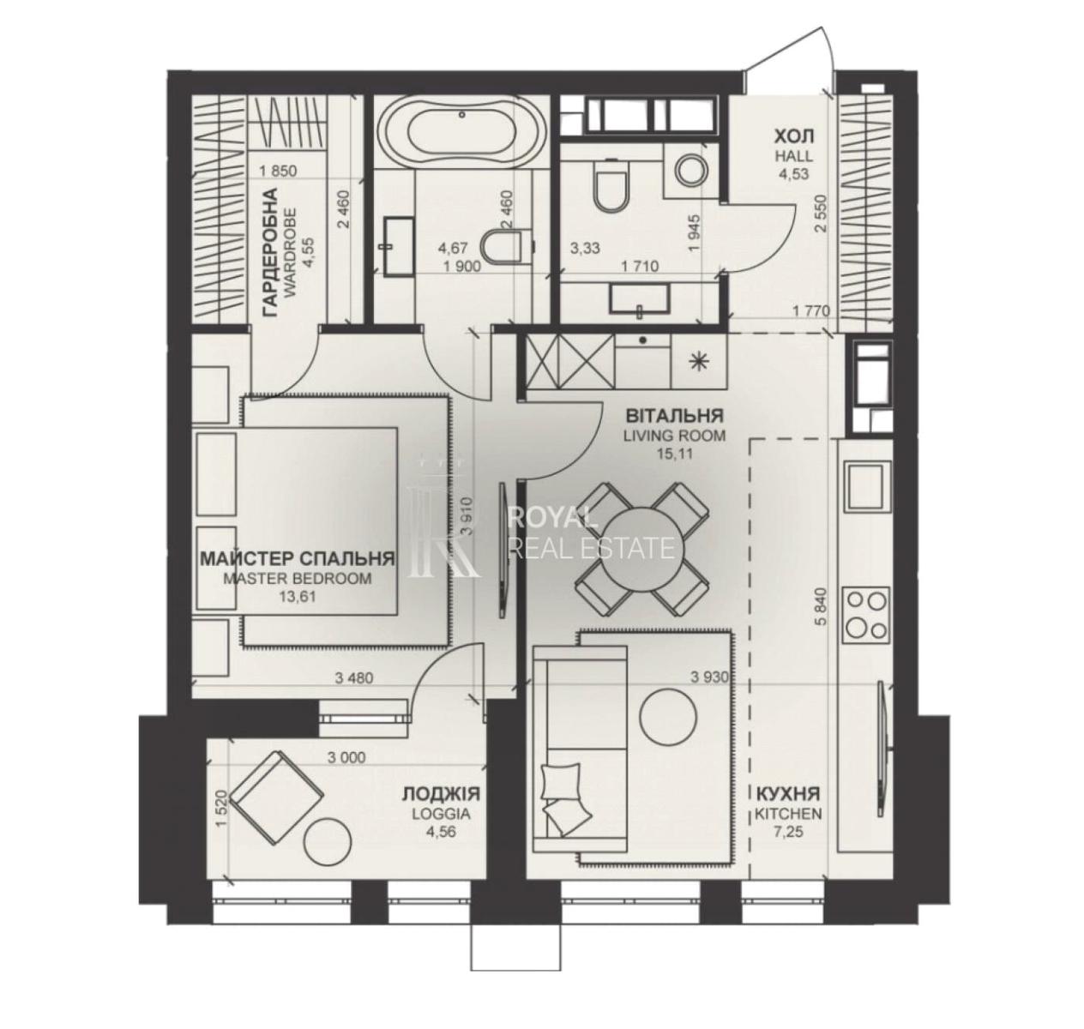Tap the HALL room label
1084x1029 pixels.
pyautogui.click(x=793, y=156)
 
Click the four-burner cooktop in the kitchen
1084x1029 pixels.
pyautogui.click(x=865, y=614)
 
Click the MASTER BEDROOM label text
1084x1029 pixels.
pyautogui.click(x=297, y=579)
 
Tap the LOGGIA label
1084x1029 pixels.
pyautogui.click(x=441, y=814)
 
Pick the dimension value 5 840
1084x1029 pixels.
pyautogui.click(x=822, y=606)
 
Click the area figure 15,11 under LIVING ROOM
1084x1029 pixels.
pyautogui.click(x=674, y=454)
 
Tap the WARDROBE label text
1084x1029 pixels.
pyautogui.click(x=291, y=253)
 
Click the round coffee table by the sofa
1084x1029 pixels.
pyautogui.click(x=668, y=717)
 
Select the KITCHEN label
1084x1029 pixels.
pyautogui.click(x=788, y=814)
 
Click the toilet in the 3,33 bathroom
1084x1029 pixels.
pyautogui.click(x=611, y=185)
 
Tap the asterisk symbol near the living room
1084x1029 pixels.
pyautogui.click(x=698, y=361)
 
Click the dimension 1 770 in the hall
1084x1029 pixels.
pyautogui.click(x=811, y=311)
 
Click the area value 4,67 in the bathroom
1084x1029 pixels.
pyautogui.click(x=453, y=248)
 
